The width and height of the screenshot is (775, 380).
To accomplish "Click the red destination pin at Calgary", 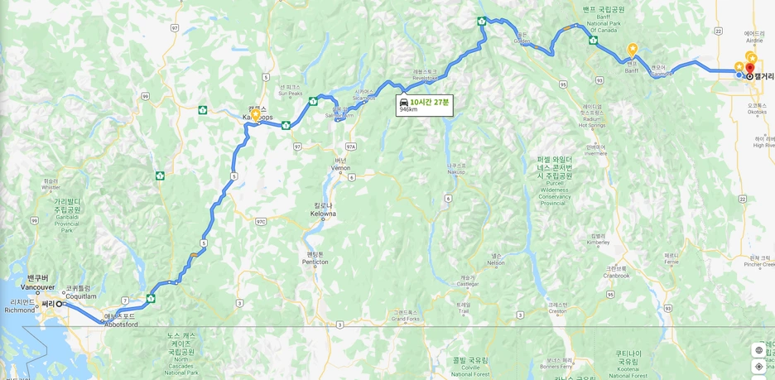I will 750,69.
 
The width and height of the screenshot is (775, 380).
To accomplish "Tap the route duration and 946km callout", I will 424,105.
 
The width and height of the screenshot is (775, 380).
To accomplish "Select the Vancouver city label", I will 38,283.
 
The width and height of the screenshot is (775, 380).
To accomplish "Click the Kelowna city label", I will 323,210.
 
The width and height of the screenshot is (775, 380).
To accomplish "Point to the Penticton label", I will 315,258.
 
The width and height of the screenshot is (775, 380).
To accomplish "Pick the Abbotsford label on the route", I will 120,320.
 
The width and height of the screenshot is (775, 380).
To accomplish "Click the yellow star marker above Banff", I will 633,50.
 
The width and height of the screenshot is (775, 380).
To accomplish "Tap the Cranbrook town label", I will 616,272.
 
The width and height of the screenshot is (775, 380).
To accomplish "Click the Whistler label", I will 51,185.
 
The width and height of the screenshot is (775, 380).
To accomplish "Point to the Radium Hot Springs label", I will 592,116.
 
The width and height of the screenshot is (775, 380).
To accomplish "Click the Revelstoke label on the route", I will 425,75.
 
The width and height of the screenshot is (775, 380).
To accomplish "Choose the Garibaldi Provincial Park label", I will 68,214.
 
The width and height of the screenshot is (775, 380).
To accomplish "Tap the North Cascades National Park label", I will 181,354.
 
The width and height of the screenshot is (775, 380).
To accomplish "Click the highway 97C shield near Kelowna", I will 261,221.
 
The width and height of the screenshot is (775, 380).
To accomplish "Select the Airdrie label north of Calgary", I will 753,36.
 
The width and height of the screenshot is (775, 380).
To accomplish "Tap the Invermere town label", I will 595,149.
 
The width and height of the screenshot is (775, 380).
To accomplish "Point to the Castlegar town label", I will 468,281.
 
